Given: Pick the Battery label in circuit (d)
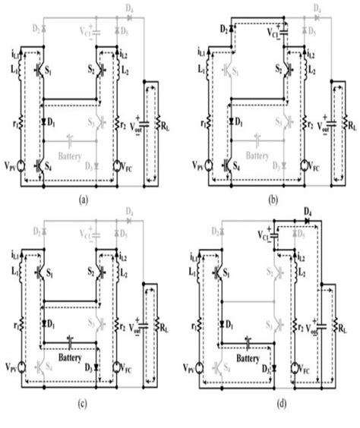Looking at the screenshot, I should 254,354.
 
